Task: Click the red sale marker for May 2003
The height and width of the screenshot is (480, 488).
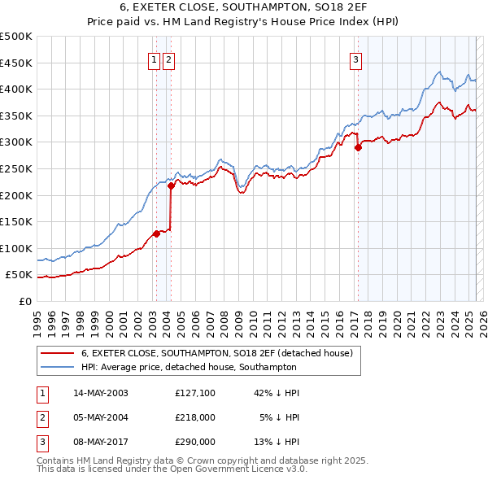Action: [x=156, y=233]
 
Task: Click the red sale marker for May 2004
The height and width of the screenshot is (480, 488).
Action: [x=171, y=185]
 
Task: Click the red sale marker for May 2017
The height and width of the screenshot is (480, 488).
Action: [x=358, y=147]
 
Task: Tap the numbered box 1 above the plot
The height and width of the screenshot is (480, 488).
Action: [x=154, y=59]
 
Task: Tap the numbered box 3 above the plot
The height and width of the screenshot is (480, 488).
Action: [x=356, y=59]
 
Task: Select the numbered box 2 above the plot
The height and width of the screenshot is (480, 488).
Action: [x=168, y=59]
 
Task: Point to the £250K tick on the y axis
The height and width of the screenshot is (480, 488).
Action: [x=16, y=168]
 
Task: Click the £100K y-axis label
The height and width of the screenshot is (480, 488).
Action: [x=16, y=248]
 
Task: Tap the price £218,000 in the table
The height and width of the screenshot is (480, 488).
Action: [x=195, y=417]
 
